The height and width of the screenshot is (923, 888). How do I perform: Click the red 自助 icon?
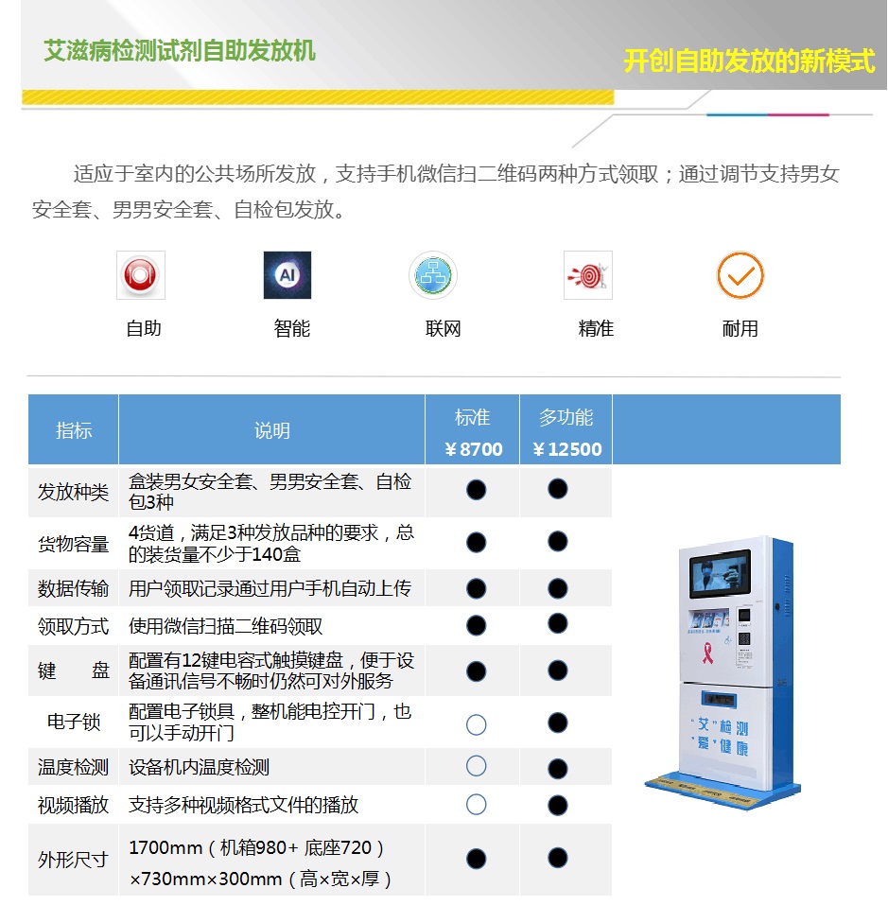[141, 275]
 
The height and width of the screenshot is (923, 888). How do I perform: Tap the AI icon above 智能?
[287, 275]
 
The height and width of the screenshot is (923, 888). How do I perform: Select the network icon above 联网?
[433, 275]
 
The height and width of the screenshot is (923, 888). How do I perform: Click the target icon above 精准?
[588, 275]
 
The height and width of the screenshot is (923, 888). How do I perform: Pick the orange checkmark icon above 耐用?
[740, 275]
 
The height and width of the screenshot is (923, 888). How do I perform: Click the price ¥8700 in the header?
[474, 449]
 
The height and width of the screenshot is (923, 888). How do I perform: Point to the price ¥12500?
[567, 449]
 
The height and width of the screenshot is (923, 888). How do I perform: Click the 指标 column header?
[74, 430]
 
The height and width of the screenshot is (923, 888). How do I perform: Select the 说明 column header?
[271, 430]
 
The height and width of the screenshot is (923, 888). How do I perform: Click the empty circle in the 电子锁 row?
[476, 724]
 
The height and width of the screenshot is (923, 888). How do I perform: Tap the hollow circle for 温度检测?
[476, 766]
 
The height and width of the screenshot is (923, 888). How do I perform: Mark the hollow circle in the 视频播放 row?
[476, 805]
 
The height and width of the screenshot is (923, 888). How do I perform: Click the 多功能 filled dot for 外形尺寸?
[557, 859]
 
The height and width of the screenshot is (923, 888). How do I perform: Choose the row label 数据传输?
[74, 588]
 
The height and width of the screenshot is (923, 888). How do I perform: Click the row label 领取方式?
[74, 626]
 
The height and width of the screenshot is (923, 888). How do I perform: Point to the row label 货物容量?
[74, 544]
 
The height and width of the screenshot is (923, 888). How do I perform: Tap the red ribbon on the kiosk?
[707, 653]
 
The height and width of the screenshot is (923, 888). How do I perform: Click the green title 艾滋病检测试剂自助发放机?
[180, 51]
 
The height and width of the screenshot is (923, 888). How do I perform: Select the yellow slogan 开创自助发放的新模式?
[750, 61]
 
